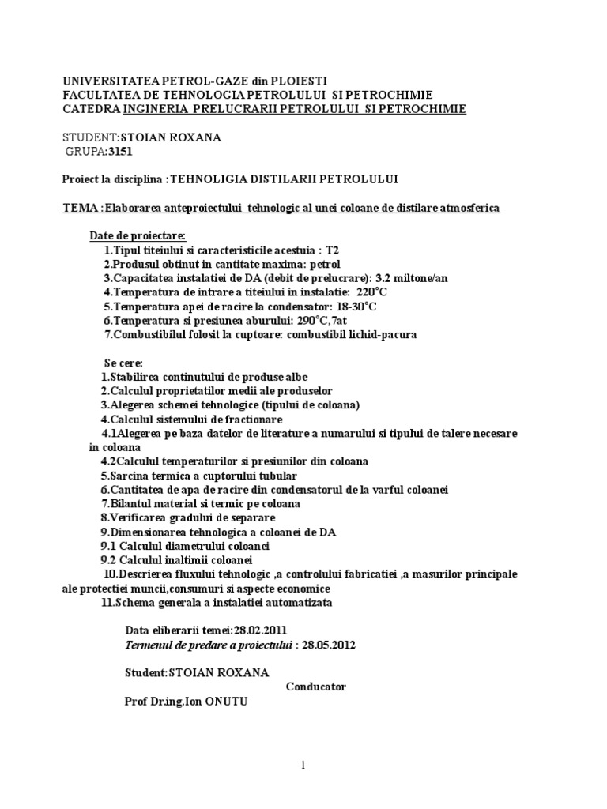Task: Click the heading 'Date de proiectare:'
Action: pyautogui.click(x=138, y=236)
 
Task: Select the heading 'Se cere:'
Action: pyautogui.click(x=118, y=363)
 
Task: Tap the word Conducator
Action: pyautogui.click(x=315, y=687)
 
